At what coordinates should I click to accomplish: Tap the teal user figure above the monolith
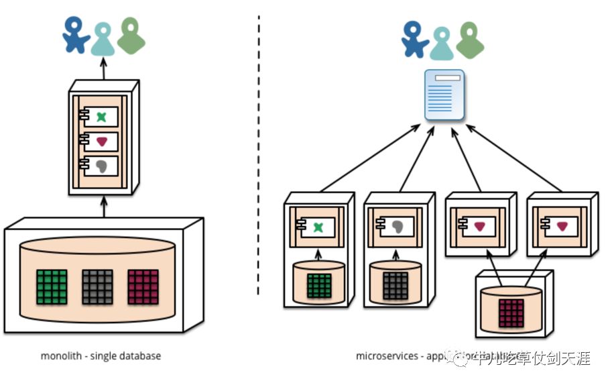coord(103,39)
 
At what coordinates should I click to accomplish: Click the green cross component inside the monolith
coord(101,117)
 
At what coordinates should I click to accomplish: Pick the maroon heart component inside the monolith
coord(101,142)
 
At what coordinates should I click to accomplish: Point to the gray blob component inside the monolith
coord(101,166)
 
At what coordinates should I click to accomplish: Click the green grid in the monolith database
coord(51,286)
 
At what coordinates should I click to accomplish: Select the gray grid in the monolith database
coord(97,286)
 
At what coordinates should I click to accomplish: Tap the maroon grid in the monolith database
coord(143,286)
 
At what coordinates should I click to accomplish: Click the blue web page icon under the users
coord(444,95)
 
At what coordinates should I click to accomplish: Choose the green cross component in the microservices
coord(318,228)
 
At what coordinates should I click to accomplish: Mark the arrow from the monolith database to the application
coord(104,206)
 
